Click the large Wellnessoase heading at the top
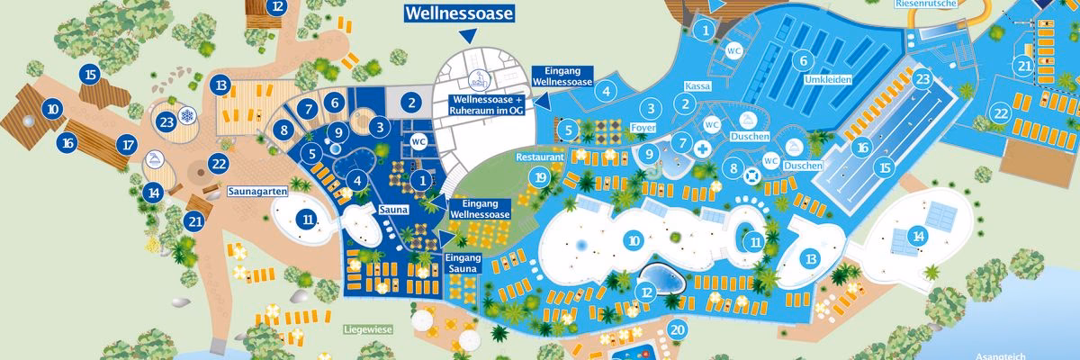[459, 13]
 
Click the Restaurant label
[540, 156]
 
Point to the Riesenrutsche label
[926, 4]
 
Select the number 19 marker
[540, 177]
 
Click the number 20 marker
[678, 329]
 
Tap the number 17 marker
[128, 144]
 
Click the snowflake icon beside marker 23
[187, 118]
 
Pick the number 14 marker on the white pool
[918, 236]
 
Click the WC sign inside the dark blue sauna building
[418, 141]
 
